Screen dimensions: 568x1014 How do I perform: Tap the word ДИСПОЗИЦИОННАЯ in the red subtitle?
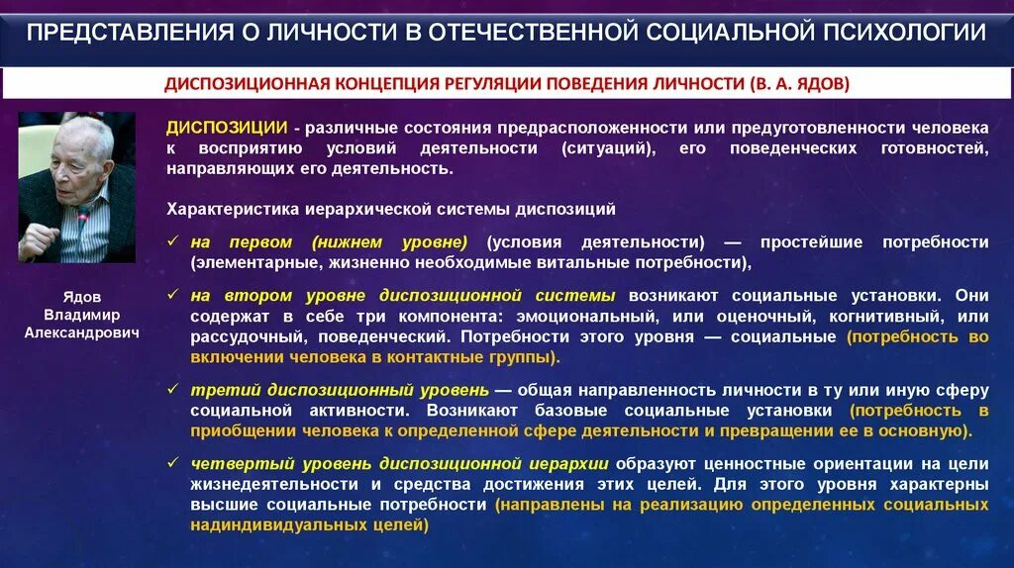[235, 84]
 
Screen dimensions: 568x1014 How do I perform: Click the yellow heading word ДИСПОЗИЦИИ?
[227, 129]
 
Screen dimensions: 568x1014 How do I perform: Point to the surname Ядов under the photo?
[82, 296]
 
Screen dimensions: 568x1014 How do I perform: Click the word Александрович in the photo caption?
[82, 332]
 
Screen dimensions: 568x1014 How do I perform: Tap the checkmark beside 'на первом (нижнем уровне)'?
[173, 242]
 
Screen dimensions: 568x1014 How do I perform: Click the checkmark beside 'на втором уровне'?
[173, 296]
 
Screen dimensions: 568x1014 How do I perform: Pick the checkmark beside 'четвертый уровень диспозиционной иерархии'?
[173, 463]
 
